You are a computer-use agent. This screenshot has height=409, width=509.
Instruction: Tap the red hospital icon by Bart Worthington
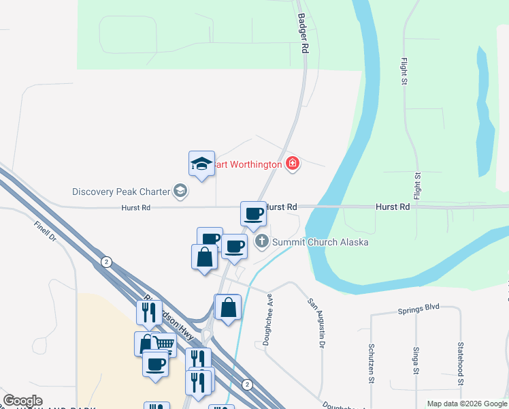(x=293, y=164)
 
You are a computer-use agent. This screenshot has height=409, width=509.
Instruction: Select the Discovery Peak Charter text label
(x=121, y=192)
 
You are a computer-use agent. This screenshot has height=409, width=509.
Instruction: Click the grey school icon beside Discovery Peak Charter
(x=180, y=192)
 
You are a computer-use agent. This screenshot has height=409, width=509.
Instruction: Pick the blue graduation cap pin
(x=201, y=164)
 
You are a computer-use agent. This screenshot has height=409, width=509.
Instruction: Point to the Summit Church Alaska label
(x=321, y=242)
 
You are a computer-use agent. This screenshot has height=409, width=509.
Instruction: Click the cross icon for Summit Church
(x=262, y=241)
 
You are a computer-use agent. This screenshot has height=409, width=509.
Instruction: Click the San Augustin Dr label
(x=314, y=323)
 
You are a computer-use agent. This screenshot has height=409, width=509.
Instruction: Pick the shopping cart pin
(x=163, y=345)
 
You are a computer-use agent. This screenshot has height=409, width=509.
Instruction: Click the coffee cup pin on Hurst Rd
(x=254, y=213)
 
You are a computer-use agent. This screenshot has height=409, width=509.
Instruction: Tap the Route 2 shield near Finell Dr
(x=106, y=262)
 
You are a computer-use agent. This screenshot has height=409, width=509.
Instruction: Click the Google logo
(x=22, y=401)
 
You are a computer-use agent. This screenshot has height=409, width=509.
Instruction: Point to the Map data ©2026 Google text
(x=466, y=404)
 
